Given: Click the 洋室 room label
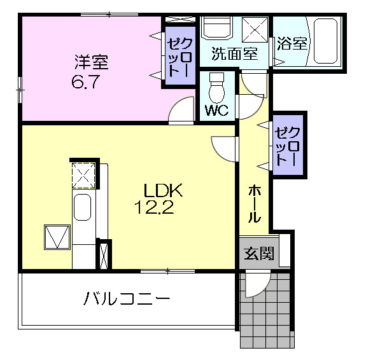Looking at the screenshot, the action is point(92,62).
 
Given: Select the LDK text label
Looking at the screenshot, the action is point(163,190).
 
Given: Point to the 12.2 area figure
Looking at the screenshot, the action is point(154,207).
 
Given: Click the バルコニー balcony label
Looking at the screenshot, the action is point(126,299).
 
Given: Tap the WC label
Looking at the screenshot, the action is point(216,110).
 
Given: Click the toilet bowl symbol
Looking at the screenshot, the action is point(217,88).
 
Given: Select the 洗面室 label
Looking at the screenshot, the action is point(234,53).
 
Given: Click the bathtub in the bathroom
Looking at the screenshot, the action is point(325,41).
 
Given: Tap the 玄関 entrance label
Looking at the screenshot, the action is point(258,253).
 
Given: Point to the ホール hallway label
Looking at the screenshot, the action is point(254,204).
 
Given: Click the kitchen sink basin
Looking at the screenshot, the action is point(82,207).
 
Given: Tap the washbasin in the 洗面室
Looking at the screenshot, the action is point(218,27).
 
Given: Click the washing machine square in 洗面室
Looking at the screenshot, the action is point(255,30).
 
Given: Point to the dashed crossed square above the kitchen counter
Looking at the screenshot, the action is point(83,176).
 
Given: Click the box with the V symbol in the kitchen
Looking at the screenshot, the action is point(57,237).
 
